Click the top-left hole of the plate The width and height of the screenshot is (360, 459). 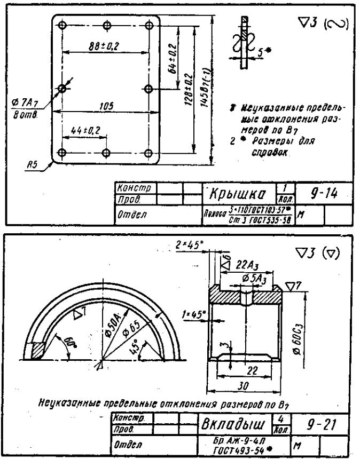[x=62, y=25]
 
